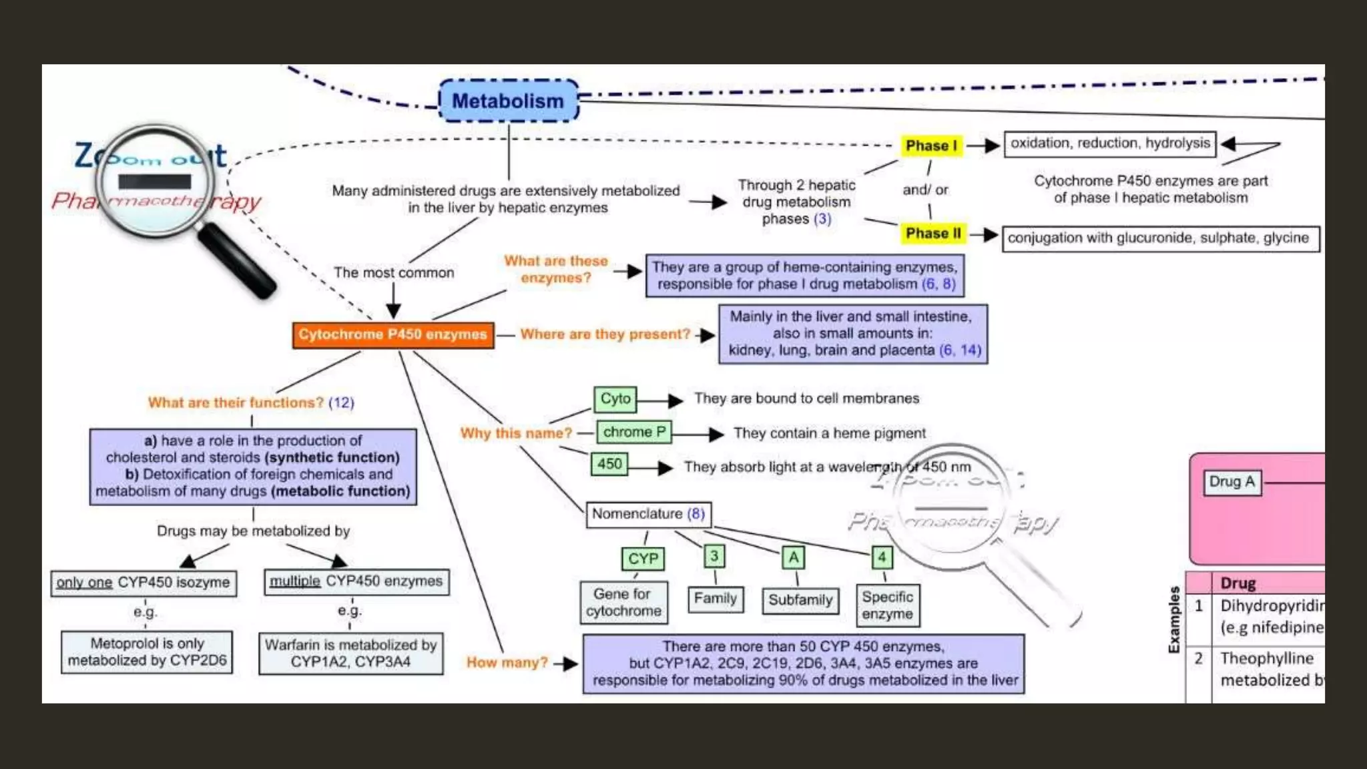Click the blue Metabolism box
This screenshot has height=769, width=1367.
[508, 101]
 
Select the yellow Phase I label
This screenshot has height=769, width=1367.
[931, 146]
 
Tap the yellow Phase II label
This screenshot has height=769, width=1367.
[933, 234]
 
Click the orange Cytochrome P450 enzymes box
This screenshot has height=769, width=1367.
[393, 334]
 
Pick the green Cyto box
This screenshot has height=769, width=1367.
[615, 399]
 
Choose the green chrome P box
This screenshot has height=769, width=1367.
[633, 433]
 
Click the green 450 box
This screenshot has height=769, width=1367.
[609, 464]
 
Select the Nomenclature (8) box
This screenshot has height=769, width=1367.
[648, 514]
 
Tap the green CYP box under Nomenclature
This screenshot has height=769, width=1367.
[643, 559]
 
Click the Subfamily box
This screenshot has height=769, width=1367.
[800, 600]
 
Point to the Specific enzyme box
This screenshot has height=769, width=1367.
[887, 605]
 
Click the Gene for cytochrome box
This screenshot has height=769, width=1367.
[623, 602]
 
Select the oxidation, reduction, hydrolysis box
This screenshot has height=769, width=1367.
[1109, 144]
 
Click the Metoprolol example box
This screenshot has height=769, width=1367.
[147, 652]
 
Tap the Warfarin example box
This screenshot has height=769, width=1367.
[350, 654]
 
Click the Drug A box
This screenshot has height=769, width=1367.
[1232, 482]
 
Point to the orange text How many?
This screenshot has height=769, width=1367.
[507, 663]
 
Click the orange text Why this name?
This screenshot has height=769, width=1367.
[516, 433]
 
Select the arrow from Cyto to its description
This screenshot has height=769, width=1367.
[661, 401]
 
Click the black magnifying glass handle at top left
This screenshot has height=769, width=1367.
[237, 262]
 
